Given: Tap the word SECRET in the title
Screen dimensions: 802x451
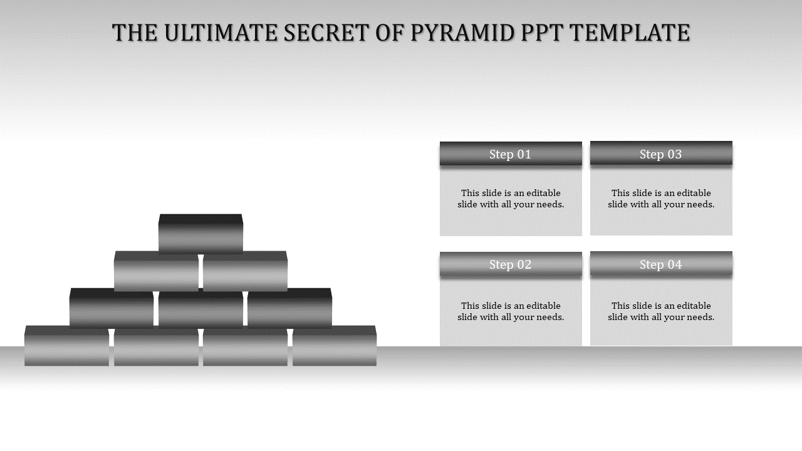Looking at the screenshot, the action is point(326,33).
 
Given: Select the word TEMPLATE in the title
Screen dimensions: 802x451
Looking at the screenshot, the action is point(630,33).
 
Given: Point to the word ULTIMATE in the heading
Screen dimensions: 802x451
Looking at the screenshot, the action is point(221,33).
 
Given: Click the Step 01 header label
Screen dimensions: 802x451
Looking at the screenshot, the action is point(510,154).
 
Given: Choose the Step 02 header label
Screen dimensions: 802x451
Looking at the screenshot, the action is point(510,264).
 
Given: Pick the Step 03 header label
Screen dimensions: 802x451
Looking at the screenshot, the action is point(660,154).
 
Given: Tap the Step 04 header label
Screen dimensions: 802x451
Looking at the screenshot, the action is point(660,264).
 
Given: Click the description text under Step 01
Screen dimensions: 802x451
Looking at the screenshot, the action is point(511,199).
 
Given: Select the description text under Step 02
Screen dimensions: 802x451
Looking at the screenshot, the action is point(511,311).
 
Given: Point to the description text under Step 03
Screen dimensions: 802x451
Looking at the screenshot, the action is point(661,199).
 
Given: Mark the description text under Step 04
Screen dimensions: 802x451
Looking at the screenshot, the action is point(661,311).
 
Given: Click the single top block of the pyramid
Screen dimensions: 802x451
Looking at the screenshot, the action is point(200,234).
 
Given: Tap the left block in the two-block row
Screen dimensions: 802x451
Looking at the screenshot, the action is point(156,271).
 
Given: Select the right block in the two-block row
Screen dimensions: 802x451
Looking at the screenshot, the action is point(245,271).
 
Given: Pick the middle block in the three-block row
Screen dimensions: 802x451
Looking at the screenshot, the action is point(200,309).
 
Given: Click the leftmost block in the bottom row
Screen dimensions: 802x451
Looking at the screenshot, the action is point(66,346).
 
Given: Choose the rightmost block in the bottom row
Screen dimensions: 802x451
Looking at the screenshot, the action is point(335,346).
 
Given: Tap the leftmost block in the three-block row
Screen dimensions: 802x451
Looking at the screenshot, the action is point(112,308).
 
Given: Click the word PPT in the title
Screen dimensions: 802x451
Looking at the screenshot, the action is point(542,33).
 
